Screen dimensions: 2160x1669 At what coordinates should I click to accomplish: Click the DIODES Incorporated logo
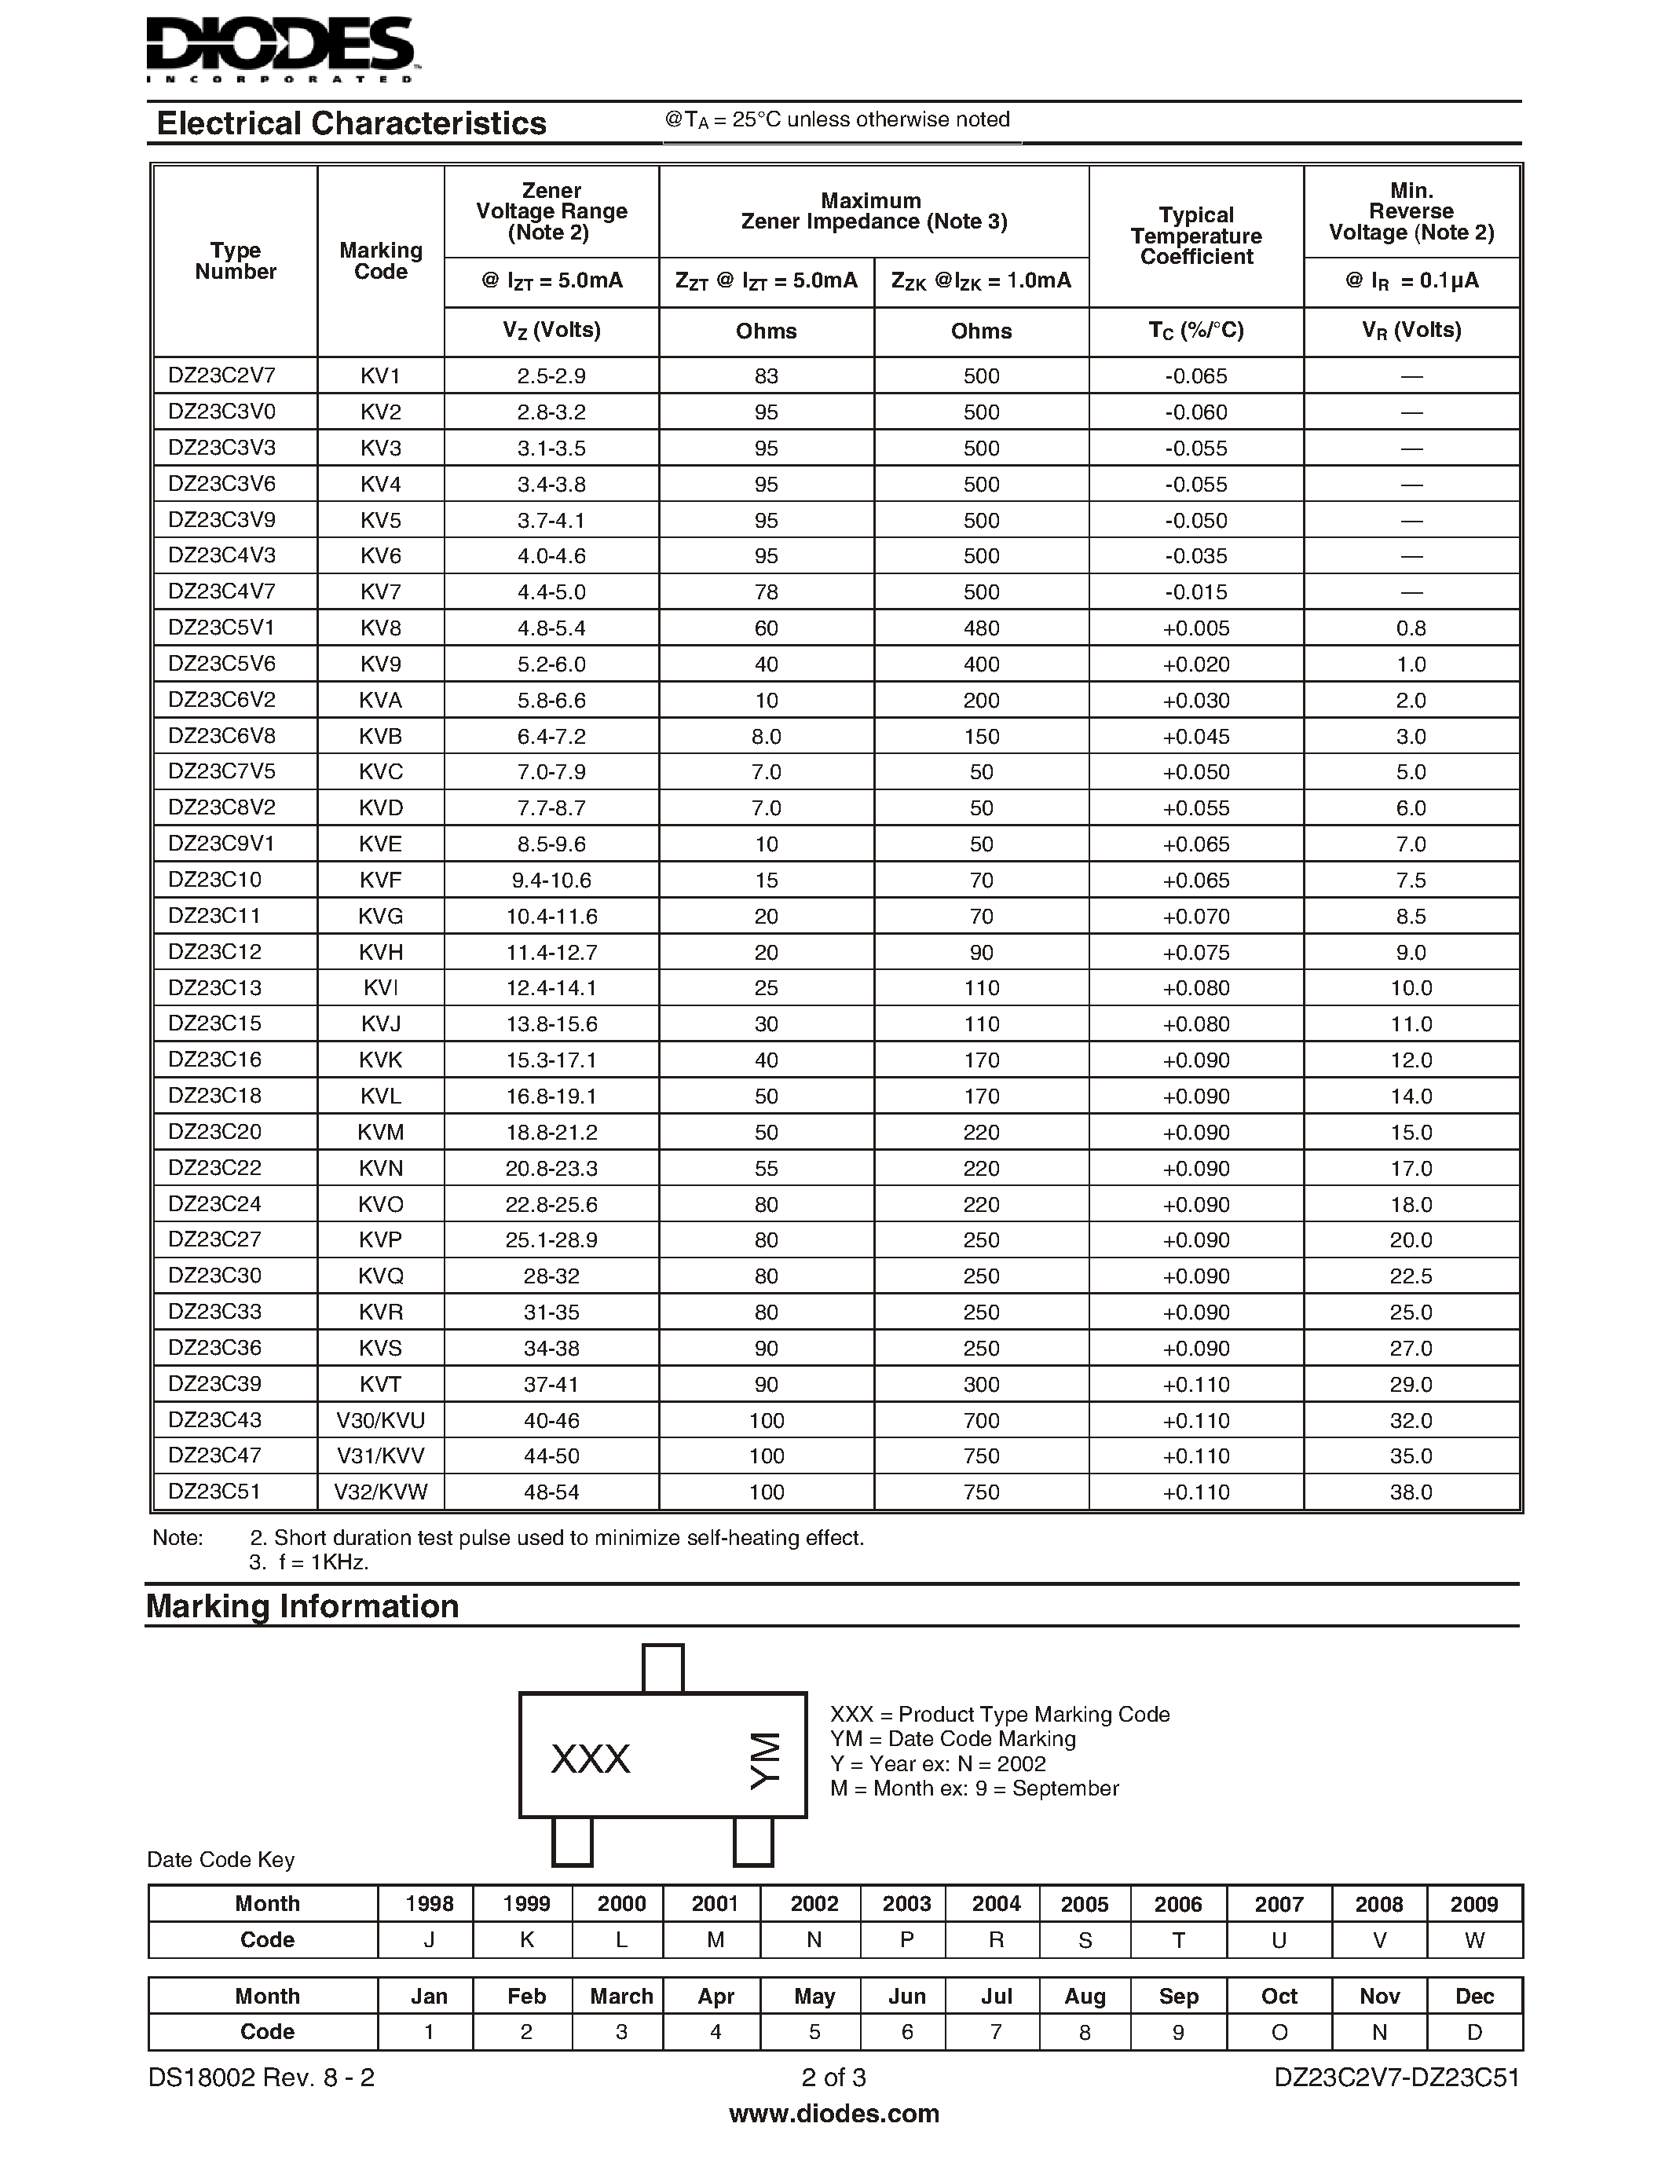pyautogui.click(x=283, y=49)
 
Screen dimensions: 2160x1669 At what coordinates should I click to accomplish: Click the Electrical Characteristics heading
pyautogui.click(x=351, y=123)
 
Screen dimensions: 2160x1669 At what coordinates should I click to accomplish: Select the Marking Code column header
pyautogui.click(x=381, y=261)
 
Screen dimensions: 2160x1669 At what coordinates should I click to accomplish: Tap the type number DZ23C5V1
pyautogui.click(x=221, y=628)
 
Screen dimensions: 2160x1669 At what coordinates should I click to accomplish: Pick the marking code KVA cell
pyautogui.click(x=381, y=700)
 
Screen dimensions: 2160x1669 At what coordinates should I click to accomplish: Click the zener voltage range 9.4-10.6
pyautogui.click(x=551, y=880)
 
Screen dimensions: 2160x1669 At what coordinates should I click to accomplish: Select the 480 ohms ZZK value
pyautogui.click(x=981, y=628)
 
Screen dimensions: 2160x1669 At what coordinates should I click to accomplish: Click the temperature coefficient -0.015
pyautogui.click(x=1195, y=592)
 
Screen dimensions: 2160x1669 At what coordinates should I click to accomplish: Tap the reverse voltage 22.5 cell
pyautogui.click(x=1411, y=1276)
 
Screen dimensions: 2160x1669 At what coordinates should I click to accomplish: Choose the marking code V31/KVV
pyautogui.click(x=381, y=1455)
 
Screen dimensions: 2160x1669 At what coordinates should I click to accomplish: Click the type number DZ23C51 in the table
pyautogui.click(x=214, y=1492)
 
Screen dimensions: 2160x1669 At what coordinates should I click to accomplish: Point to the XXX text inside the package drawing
pyautogui.click(x=591, y=1759)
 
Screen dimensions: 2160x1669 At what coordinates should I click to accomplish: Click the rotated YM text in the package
pyautogui.click(x=764, y=1759)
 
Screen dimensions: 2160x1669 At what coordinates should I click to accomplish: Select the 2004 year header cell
pyautogui.click(x=996, y=1904)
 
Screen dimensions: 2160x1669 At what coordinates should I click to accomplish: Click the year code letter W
pyautogui.click(x=1474, y=1940)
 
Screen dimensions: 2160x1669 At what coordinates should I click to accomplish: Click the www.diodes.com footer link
pyautogui.click(x=833, y=2114)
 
